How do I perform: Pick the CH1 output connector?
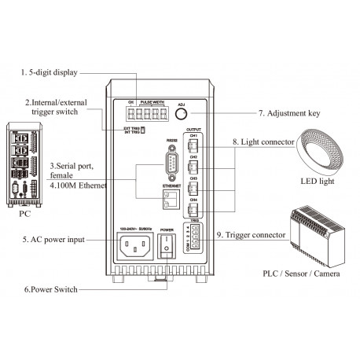[x=194, y=145]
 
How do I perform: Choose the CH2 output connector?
[x=194, y=166]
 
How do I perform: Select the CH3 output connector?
[x=194, y=188]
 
